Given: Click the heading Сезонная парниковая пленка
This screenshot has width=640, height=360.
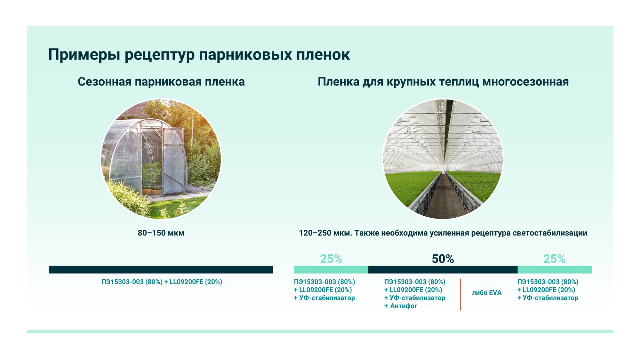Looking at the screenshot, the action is [x=161, y=82].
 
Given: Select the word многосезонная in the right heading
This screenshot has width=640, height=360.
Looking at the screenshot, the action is [x=525, y=82].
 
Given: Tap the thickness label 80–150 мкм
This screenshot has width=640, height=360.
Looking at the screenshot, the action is [x=161, y=233].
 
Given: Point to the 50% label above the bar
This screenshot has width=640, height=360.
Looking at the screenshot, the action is [x=443, y=259].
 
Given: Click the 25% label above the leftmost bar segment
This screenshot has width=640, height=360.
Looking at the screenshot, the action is [x=331, y=259].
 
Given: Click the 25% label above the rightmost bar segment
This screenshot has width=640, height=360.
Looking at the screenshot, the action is [x=555, y=259].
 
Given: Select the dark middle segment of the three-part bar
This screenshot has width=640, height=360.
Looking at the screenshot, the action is [x=443, y=269].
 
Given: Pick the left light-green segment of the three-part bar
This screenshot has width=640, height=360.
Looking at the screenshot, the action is [x=331, y=269].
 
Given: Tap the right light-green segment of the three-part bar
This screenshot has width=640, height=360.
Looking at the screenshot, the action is [x=555, y=269].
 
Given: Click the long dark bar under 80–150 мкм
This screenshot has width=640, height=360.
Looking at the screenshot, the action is [x=161, y=269].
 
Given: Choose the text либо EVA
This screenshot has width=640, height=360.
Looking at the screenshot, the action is [x=487, y=293].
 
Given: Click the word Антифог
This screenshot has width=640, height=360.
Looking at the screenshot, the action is [x=404, y=306].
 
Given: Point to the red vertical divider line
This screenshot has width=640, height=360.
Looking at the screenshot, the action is [x=460, y=294].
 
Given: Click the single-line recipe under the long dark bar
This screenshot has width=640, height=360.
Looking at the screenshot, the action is [x=162, y=282].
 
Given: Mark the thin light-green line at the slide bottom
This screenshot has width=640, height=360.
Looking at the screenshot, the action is [x=320, y=332].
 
